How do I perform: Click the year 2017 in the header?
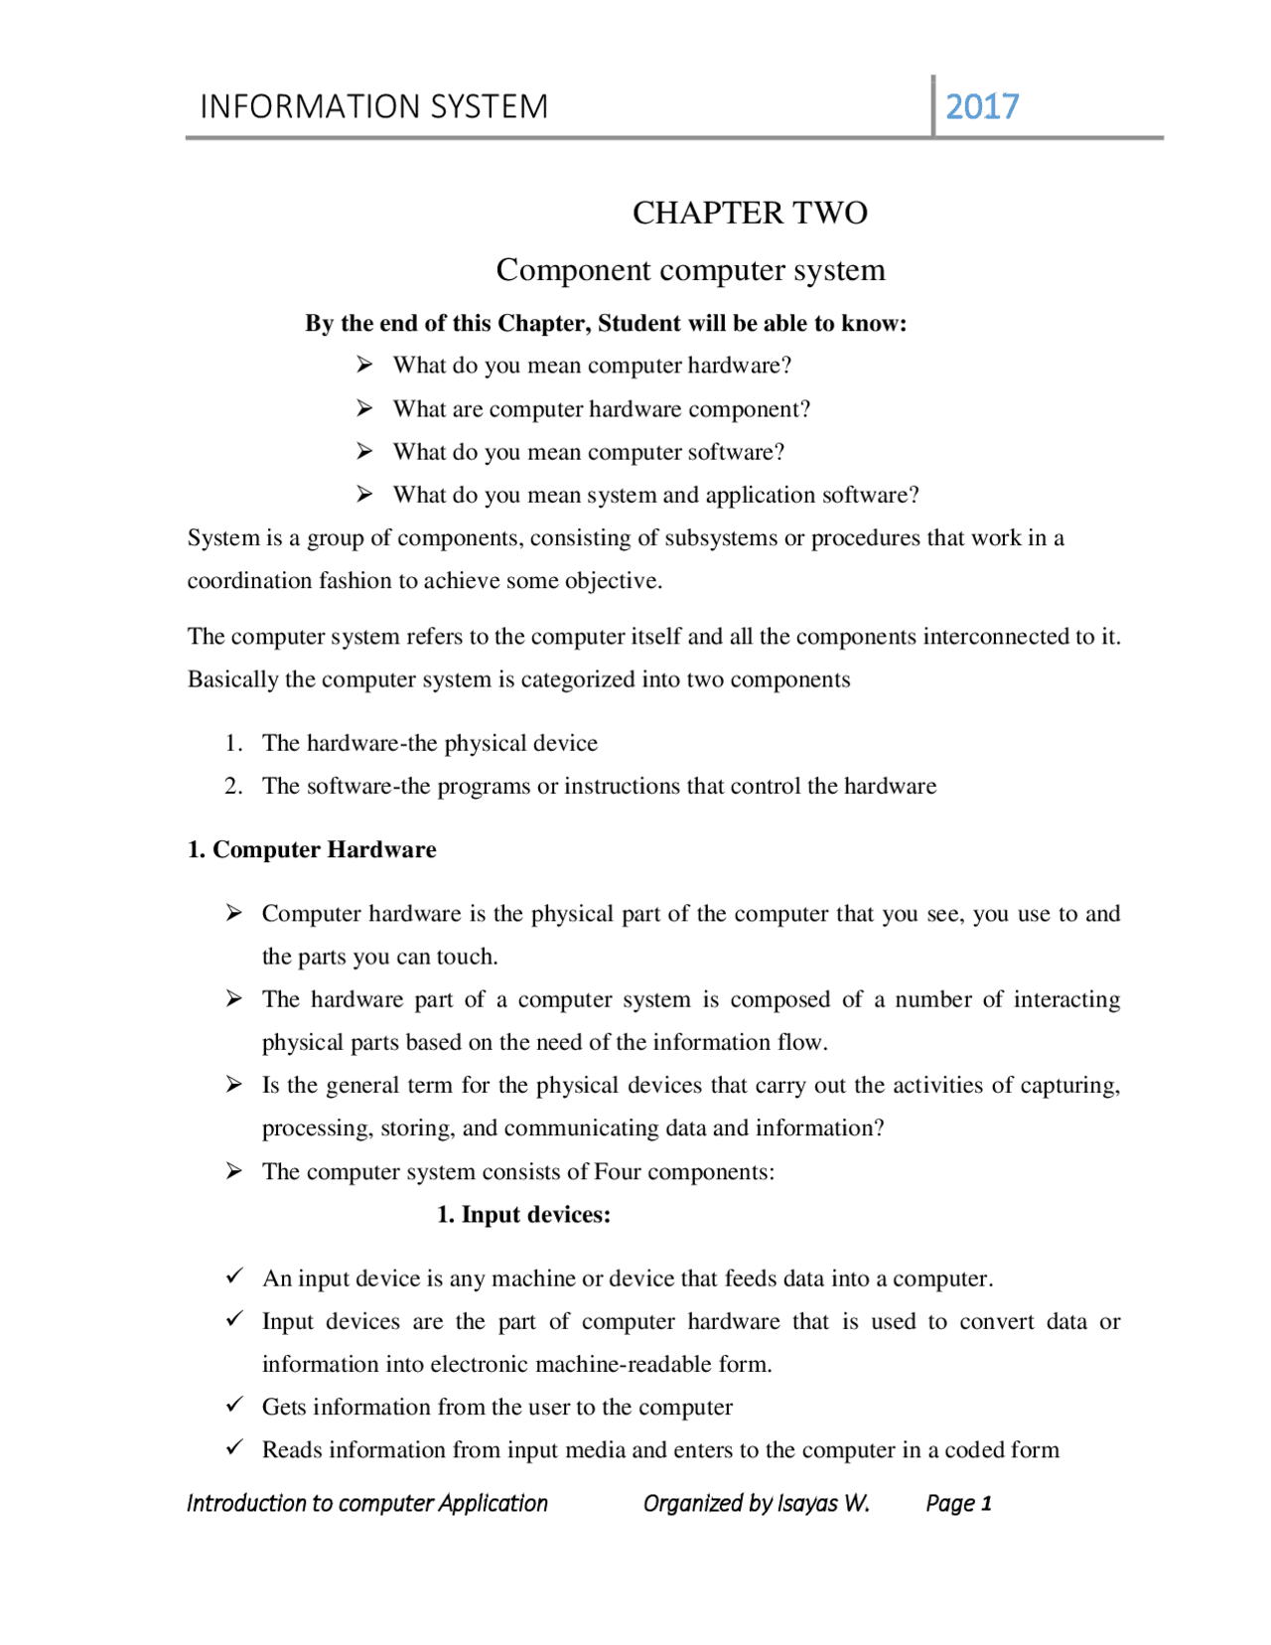point(981,106)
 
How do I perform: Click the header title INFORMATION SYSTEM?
point(373,106)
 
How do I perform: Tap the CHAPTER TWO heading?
point(750,213)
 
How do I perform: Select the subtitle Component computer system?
point(690,269)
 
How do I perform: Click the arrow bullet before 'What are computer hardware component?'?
point(364,408)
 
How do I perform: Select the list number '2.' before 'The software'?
point(233,786)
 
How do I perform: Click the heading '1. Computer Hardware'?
point(312,849)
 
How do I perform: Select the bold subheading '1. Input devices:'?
point(523,1215)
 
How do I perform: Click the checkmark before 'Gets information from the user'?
point(234,1405)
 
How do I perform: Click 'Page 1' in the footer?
point(958,1503)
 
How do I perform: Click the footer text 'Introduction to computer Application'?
point(366,1503)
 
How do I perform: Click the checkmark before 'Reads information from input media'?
point(234,1447)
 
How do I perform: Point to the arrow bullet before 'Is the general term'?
point(233,1084)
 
